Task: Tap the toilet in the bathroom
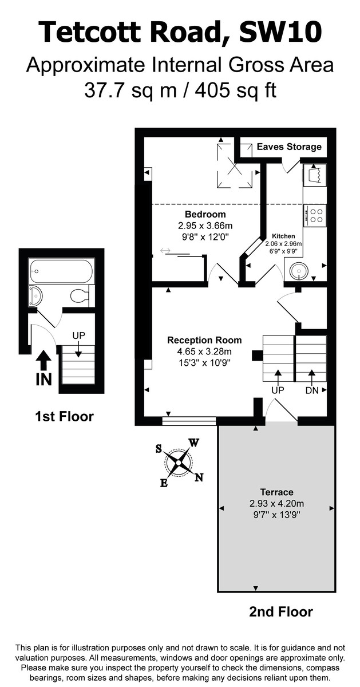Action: click(x=78, y=296)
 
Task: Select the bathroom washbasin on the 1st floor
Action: click(x=35, y=295)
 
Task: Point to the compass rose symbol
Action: click(x=179, y=460)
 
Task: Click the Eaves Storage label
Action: click(x=289, y=147)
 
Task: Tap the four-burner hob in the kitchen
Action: click(x=315, y=215)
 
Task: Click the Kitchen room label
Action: click(x=283, y=236)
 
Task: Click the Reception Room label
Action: click(x=204, y=340)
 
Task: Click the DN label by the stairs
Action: click(x=312, y=390)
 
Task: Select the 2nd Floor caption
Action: click(x=281, y=612)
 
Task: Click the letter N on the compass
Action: click(x=199, y=478)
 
